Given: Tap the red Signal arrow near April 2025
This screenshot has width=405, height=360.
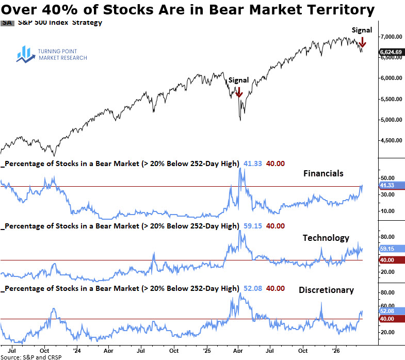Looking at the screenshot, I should point(239,92).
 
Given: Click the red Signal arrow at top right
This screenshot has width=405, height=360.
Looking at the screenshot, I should point(363,42).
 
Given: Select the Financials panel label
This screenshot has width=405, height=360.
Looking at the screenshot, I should point(323,174).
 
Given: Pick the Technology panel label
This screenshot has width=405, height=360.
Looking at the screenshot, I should point(326,238).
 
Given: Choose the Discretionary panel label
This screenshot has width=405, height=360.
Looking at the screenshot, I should point(327,290).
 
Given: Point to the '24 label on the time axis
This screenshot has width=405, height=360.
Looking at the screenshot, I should point(76,349).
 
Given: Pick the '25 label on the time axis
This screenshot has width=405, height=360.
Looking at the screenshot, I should point(206,349).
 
